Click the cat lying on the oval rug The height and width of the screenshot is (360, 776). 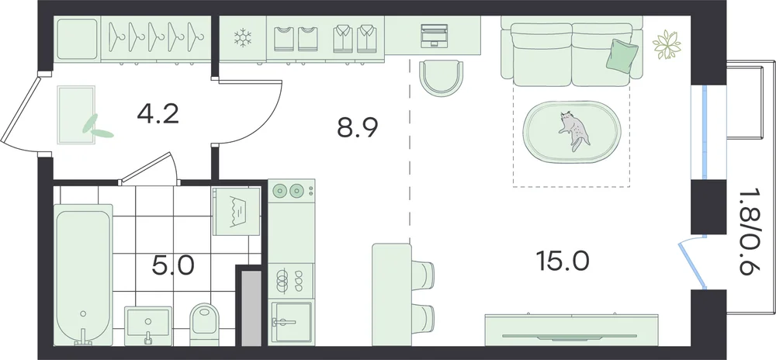574,130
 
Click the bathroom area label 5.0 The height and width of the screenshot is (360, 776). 173,266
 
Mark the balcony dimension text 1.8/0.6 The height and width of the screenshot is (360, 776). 750,233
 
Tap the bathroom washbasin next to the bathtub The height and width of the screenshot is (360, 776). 148,325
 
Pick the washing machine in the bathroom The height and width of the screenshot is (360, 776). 237,212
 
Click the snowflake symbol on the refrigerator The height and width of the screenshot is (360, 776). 242,38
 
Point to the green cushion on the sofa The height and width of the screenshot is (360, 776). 622,54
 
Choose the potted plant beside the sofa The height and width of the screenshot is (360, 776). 667,45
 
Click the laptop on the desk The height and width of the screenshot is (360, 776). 434,36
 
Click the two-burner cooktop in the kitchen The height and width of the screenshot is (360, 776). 292,190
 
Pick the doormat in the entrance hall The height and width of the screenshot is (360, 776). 76,115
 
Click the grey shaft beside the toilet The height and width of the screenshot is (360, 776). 251,307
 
